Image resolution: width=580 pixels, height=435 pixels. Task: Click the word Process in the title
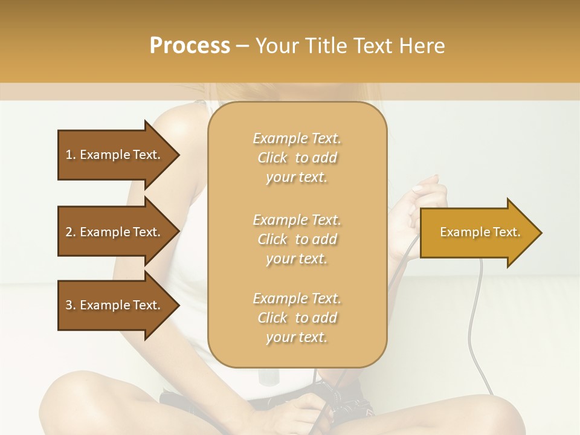[190, 46]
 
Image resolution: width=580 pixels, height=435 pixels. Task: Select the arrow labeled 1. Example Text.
[115, 155]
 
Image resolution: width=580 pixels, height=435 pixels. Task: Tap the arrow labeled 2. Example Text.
[115, 232]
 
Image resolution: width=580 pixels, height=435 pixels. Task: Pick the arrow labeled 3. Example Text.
[115, 305]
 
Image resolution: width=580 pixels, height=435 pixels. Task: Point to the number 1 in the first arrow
[69, 155]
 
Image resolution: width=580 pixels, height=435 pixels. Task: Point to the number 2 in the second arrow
[69, 232]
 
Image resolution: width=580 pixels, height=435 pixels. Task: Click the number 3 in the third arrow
[69, 305]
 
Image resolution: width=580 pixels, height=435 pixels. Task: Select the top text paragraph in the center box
[297, 158]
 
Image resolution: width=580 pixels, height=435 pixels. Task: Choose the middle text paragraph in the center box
[297, 239]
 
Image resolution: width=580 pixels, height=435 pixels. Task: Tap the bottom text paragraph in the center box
[297, 318]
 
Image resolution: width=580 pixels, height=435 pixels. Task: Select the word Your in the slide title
[275, 46]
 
